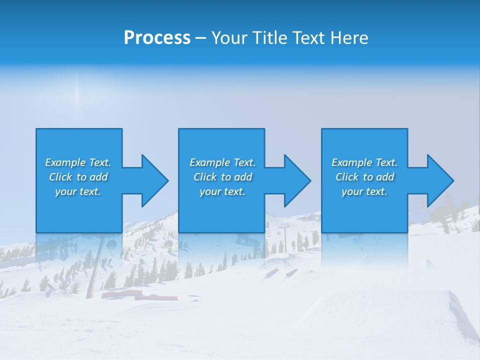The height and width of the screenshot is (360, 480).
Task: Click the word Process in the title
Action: pos(157,38)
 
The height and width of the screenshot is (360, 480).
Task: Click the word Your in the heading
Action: pos(230,38)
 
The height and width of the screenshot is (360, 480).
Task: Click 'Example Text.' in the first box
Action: pos(78,162)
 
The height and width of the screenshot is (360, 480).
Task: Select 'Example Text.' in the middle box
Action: pos(222,162)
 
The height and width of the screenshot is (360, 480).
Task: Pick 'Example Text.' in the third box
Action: pos(364,162)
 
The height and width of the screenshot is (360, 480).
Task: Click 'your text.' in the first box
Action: pos(78,191)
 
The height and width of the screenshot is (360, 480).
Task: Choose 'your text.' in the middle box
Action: pos(222,191)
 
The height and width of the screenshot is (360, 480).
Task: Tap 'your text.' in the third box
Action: pos(364,191)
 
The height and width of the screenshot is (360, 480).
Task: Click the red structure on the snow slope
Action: pos(140,296)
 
